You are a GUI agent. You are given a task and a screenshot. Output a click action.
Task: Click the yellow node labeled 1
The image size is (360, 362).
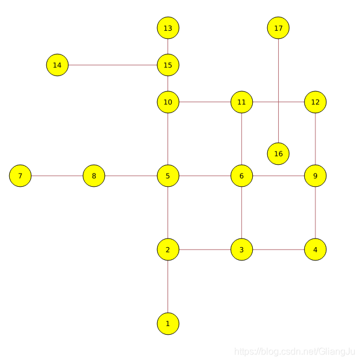pos(168,323)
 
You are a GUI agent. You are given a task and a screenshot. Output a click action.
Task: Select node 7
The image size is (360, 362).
pos(20,176)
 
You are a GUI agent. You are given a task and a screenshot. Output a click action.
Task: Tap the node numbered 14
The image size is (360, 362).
pos(57,65)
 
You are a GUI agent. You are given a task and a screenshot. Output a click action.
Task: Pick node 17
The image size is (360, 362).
pos(278,28)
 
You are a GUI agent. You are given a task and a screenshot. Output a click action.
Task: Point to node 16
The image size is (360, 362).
pos(278,154)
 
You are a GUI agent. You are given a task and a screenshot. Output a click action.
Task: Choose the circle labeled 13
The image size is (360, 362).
pos(168,28)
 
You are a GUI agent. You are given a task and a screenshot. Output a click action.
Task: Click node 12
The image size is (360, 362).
pos(315,102)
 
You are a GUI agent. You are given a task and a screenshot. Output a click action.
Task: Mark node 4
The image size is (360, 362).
pos(315,249)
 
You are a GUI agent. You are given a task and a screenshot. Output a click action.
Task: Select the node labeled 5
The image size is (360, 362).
pos(168,176)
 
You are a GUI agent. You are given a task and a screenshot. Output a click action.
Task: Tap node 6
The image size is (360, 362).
pos(242,176)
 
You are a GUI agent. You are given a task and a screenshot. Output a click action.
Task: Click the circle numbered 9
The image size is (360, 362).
pos(315,176)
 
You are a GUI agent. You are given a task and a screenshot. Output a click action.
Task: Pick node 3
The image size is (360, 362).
pos(242,249)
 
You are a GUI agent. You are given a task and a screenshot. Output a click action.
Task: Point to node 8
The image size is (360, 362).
pos(94,176)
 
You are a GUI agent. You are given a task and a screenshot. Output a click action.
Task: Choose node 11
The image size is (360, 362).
pos(242,102)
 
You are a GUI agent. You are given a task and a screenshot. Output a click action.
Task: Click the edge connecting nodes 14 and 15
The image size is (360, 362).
pos(112,65)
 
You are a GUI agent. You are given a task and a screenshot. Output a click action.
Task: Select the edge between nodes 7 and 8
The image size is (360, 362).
pos(57,176)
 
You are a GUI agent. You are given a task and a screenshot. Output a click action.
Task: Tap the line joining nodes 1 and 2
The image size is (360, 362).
pos(168,287)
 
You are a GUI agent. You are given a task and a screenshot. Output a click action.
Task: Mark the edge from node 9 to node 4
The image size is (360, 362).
pos(315,212)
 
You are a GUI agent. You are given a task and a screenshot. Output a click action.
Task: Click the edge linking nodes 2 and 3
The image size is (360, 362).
pos(205,249)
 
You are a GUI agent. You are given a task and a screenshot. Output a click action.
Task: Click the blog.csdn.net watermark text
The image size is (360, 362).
pos(294,352)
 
